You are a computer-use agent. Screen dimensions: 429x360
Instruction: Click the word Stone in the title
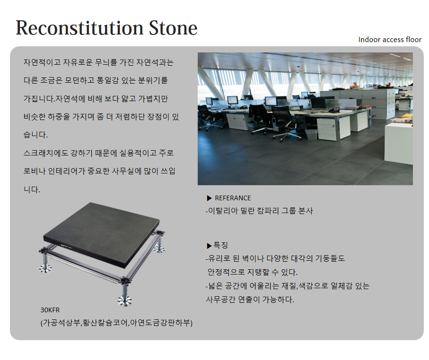click(173, 28)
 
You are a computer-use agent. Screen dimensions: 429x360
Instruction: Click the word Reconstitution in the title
click(79, 28)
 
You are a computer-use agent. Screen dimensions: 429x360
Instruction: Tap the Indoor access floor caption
click(390, 40)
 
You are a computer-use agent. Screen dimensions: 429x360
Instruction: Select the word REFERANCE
click(233, 198)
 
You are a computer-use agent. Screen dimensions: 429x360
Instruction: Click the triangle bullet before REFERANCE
click(210, 198)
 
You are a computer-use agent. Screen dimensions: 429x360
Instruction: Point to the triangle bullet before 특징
click(210, 246)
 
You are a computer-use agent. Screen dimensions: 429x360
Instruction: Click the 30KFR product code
click(50, 310)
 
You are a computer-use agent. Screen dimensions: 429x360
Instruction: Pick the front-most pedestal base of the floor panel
click(125, 300)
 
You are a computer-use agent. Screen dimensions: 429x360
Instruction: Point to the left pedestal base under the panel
click(45, 268)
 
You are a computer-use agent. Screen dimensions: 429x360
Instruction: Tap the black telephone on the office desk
click(334, 110)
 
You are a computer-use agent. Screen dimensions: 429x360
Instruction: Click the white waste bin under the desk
click(311, 134)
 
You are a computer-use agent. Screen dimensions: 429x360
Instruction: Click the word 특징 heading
click(220, 245)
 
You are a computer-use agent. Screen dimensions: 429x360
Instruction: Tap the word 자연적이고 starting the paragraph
click(42, 62)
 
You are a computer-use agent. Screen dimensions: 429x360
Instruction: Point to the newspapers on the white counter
click(401, 120)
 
